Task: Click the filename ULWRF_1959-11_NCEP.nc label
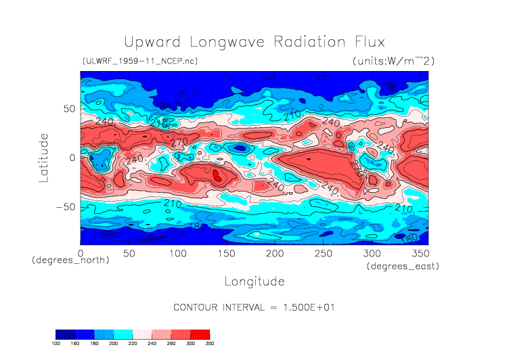coord(139,61)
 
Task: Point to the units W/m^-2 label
coord(393,61)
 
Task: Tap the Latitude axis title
coord(44,158)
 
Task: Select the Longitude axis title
coord(254,281)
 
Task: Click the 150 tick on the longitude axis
coord(226,253)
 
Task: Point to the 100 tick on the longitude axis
coord(177,253)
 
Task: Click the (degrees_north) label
coord(70,261)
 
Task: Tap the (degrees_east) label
coord(403,267)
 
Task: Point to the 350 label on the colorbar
coord(208,344)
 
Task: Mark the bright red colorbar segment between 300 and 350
coord(200,334)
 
